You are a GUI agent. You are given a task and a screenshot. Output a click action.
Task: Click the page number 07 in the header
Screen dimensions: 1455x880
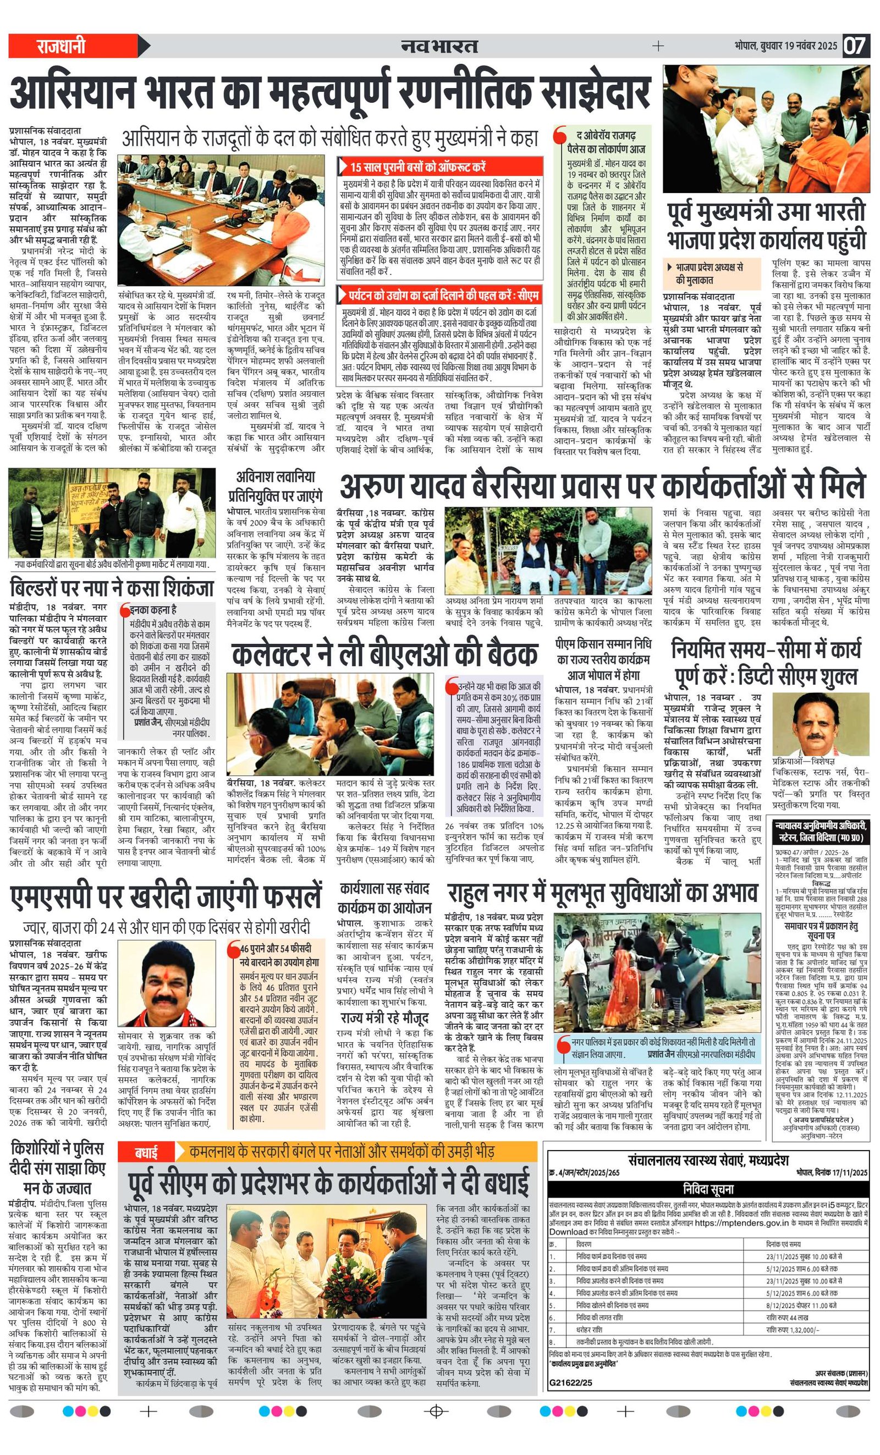(x=855, y=46)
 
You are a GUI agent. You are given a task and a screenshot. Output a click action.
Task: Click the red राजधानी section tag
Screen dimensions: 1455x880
(x=61, y=46)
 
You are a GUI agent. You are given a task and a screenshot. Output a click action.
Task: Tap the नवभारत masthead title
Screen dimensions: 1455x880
(x=439, y=46)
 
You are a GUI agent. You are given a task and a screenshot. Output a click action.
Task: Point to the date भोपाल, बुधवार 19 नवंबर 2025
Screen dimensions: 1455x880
(x=785, y=46)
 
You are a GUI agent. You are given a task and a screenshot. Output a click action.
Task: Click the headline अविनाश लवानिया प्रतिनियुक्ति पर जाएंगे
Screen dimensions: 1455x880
(x=276, y=486)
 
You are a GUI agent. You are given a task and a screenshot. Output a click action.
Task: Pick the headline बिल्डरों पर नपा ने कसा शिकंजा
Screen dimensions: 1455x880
(x=112, y=588)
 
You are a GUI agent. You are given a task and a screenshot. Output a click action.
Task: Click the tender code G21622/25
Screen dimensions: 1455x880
(x=570, y=1382)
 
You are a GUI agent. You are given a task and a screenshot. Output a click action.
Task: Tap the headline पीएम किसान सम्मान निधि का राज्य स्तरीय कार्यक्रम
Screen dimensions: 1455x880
(x=602, y=659)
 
